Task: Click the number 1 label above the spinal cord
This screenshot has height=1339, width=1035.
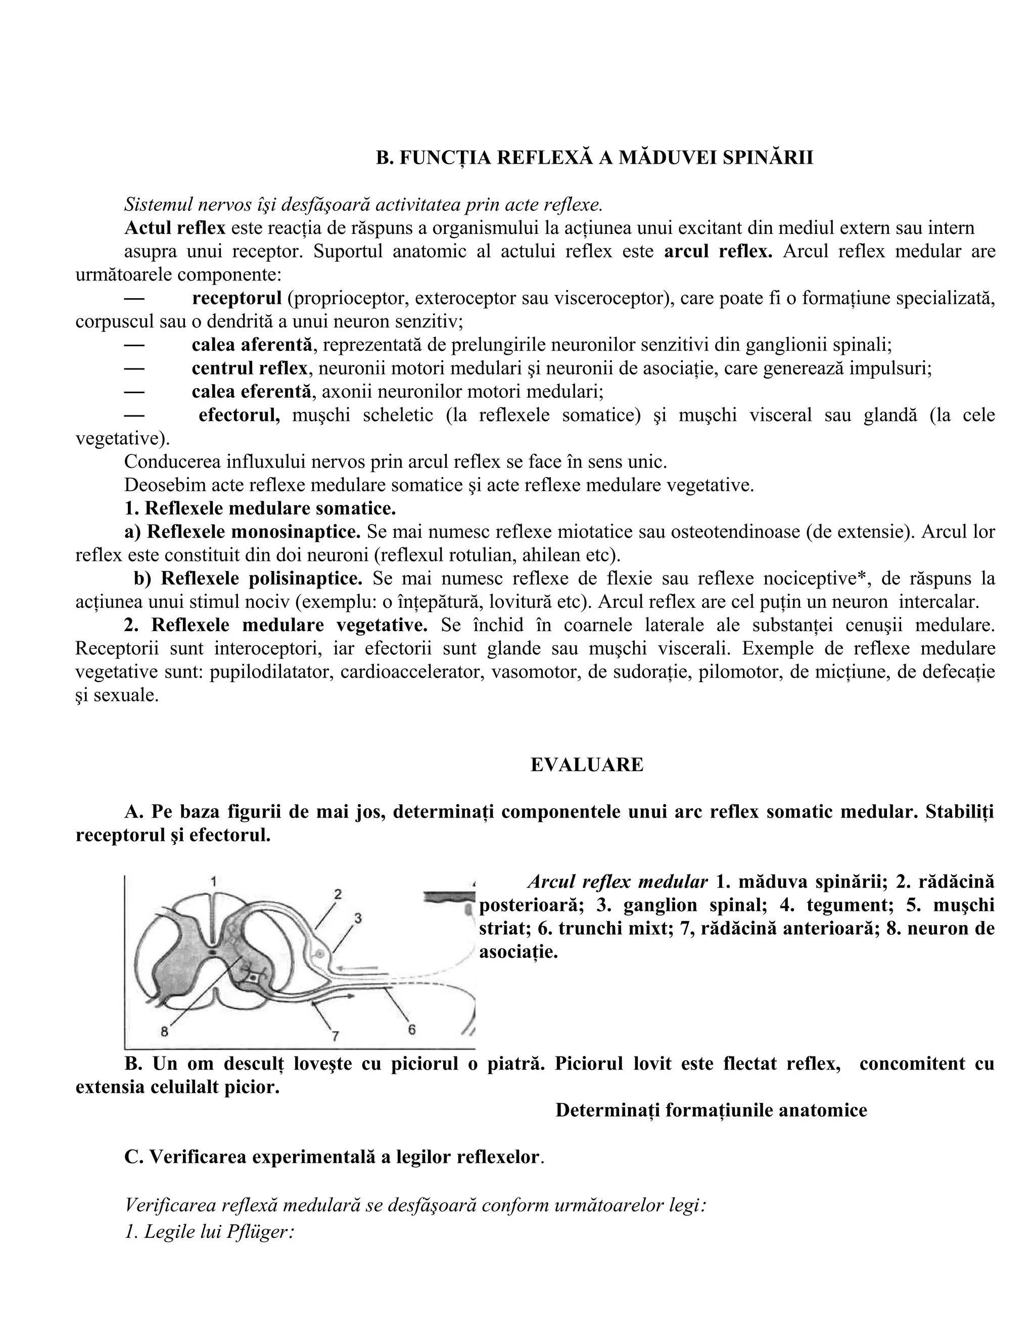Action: pos(213,882)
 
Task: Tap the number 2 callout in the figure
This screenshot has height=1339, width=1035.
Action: pos(338,894)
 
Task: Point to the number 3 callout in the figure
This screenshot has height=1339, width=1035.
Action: pos(358,918)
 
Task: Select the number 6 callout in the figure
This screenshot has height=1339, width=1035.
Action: pos(412,1029)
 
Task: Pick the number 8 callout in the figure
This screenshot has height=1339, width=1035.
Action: pos(164,1031)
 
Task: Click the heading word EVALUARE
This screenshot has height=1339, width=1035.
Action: pos(587,765)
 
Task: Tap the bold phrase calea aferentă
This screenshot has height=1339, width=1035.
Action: pos(251,345)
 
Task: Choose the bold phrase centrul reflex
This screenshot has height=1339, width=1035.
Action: pos(249,368)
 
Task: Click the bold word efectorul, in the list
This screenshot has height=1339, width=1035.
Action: pos(239,415)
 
